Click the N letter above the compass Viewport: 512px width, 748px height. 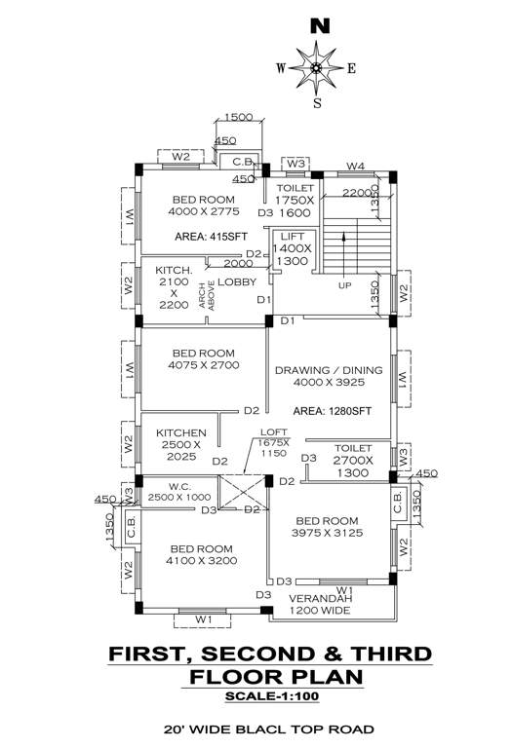pyautogui.click(x=318, y=26)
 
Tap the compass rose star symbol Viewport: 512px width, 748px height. pyautogui.click(x=317, y=67)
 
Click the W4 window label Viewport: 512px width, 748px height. pyautogui.click(x=355, y=165)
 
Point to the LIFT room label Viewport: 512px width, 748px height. pyautogui.click(x=294, y=237)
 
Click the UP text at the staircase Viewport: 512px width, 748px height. pyautogui.click(x=344, y=286)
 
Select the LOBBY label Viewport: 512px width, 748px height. pyautogui.click(x=236, y=281)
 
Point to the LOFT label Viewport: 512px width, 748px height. pyautogui.click(x=273, y=432)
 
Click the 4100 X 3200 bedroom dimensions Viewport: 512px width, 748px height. pyautogui.click(x=202, y=561)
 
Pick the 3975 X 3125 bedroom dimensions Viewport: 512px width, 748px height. pyautogui.click(x=328, y=533)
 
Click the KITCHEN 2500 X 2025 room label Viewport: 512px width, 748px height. pyautogui.click(x=181, y=444)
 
